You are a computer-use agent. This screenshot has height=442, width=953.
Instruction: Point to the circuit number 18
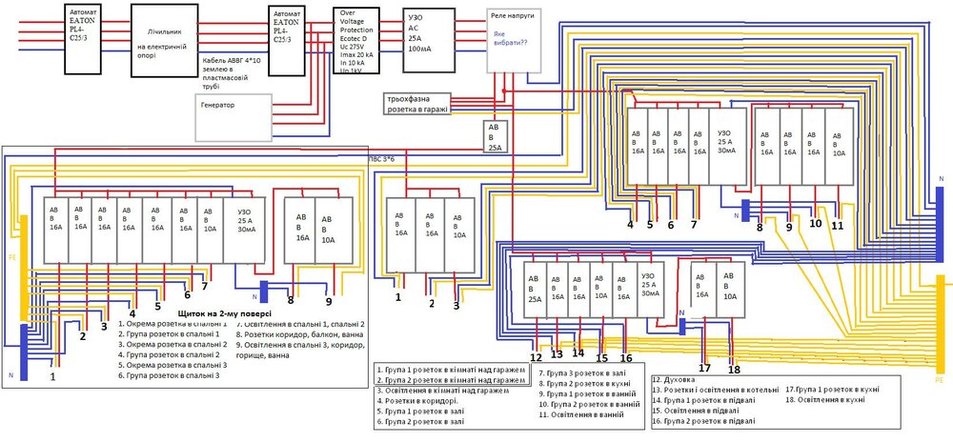[733, 369]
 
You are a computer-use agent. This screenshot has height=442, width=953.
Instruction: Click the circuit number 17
[704, 368]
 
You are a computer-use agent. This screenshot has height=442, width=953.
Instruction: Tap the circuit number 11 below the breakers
[837, 226]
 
